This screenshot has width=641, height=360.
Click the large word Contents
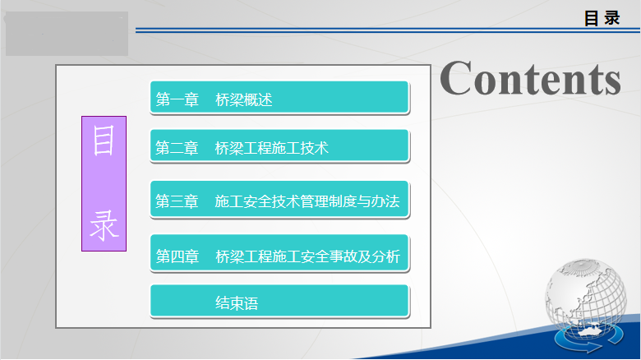point(530,78)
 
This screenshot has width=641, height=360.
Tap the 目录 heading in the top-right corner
point(602,18)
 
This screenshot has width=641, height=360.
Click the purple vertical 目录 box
point(104,183)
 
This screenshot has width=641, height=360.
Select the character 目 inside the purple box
point(104,141)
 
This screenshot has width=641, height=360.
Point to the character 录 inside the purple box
point(104,225)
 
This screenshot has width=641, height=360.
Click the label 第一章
point(177,99)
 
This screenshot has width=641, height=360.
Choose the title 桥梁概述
point(243,99)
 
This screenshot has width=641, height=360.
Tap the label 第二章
point(177,148)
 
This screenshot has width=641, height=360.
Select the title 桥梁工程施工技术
point(272,148)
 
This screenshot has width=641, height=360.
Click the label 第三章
point(177,201)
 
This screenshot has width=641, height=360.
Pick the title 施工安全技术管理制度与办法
point(307,201)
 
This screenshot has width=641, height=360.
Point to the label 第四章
point(177,256)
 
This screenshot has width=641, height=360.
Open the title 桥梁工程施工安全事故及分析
point(308,256)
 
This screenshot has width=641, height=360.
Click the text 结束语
point(237,303)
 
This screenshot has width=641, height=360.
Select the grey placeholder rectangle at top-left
point(67,34)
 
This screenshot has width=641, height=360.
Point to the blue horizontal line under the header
point(388,30)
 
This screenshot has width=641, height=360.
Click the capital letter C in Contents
point(456,78)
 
